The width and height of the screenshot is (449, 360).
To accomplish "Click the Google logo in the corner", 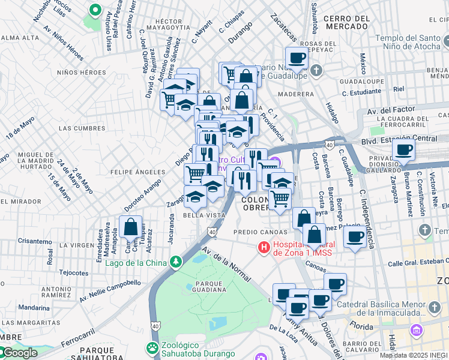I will click(19, 353).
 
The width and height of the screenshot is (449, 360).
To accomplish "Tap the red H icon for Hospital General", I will click(263, 247).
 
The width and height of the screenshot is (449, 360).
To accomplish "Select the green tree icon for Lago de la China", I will click(175, 262).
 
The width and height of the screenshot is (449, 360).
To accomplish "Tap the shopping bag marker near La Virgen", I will click(130, 227).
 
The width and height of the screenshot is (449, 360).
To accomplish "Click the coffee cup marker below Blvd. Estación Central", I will click(403, 150).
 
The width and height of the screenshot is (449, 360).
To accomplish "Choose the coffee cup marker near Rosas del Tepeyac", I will click(297, 59).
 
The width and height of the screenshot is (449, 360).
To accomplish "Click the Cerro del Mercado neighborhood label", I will click(346, 23).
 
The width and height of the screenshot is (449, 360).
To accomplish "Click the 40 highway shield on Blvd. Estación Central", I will click(330, 144).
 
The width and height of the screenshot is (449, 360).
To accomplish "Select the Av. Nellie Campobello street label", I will click(110, 288).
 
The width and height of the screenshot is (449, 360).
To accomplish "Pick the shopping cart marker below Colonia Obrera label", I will click(280, 199).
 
